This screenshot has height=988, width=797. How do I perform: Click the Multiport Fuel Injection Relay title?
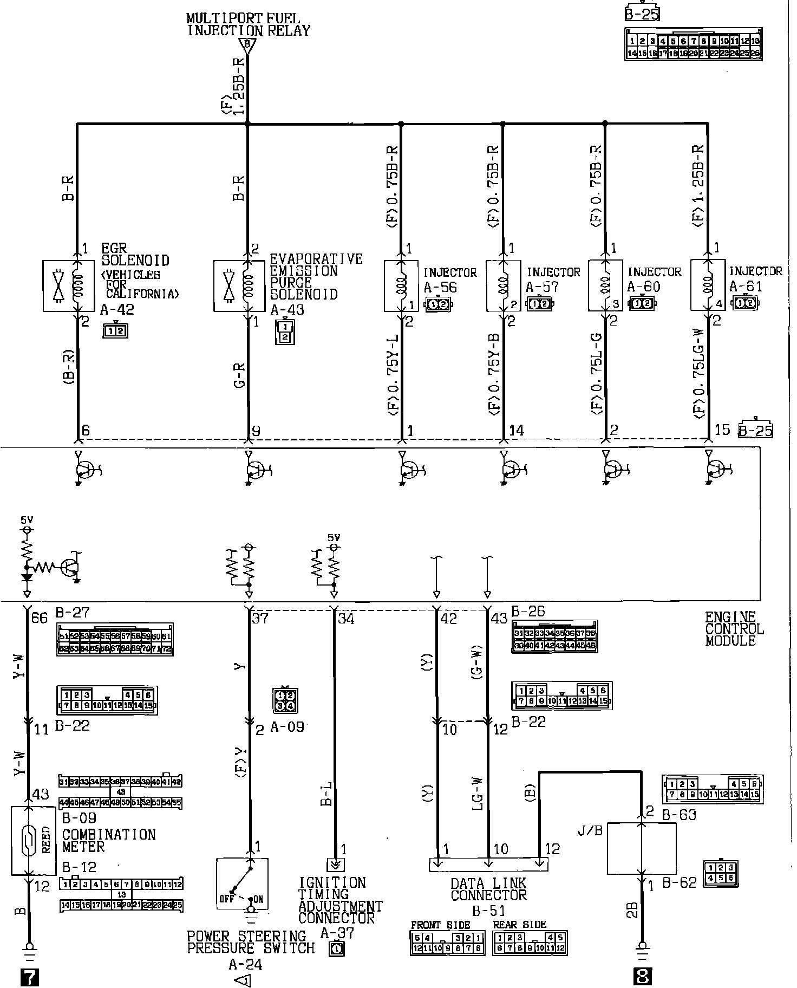[249, 25]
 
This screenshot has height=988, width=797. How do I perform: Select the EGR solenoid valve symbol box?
[61, 286]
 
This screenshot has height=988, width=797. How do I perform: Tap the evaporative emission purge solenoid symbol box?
[232, 286]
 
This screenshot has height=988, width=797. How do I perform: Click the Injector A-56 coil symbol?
[401, 286]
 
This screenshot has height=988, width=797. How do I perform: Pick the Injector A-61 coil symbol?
[708, 286]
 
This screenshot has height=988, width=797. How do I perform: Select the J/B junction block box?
[641, 849]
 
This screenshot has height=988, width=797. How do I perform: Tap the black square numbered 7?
[29, 976]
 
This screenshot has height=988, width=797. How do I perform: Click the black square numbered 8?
[642, 976]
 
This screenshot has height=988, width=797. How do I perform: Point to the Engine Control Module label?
[734, 629]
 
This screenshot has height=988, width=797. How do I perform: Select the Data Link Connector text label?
[488, 895]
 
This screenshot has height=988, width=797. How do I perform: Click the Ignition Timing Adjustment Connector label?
[340, 901]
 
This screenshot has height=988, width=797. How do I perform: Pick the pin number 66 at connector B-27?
[40, 617]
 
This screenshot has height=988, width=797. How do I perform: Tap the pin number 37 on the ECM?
[260, 618]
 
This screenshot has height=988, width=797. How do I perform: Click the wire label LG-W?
[478, 795]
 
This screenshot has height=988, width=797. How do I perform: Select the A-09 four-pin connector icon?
[285, 700]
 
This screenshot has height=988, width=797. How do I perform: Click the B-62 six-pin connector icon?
[721, 874]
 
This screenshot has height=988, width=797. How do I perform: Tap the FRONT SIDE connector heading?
[440, 925]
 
